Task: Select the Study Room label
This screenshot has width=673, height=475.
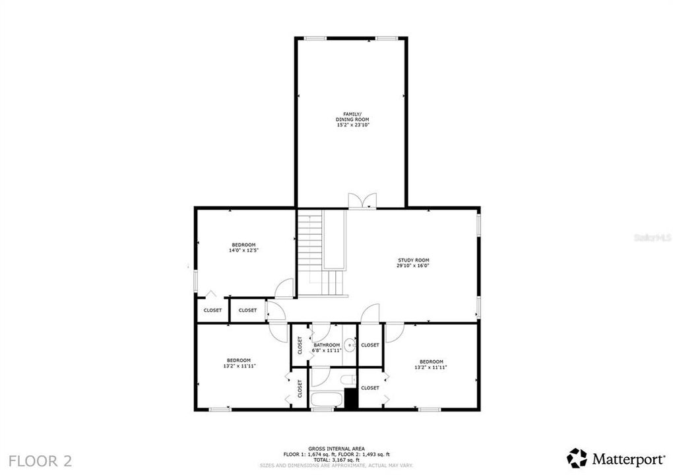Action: tap(413, 260)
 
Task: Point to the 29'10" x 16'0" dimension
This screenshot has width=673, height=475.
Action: tap(413, 267)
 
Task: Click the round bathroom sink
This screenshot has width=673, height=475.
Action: tap(350, 344)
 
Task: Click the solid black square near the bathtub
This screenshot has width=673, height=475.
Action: tap(351, 398)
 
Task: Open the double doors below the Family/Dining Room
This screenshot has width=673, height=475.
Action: tap(362, 201)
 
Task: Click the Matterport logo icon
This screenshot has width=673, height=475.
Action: tap(577, 458)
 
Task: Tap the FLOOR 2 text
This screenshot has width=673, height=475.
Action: tap(40, 460)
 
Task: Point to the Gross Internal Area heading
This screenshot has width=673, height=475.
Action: tap(336, 449)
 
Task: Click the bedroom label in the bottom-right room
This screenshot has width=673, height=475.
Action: tap(432, 361)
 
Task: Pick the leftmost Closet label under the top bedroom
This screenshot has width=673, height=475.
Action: tap(212, 310)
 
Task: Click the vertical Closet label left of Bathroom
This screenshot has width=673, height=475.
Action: tap(300, 345)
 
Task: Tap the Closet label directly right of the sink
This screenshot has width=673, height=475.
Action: tap(370, 345)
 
